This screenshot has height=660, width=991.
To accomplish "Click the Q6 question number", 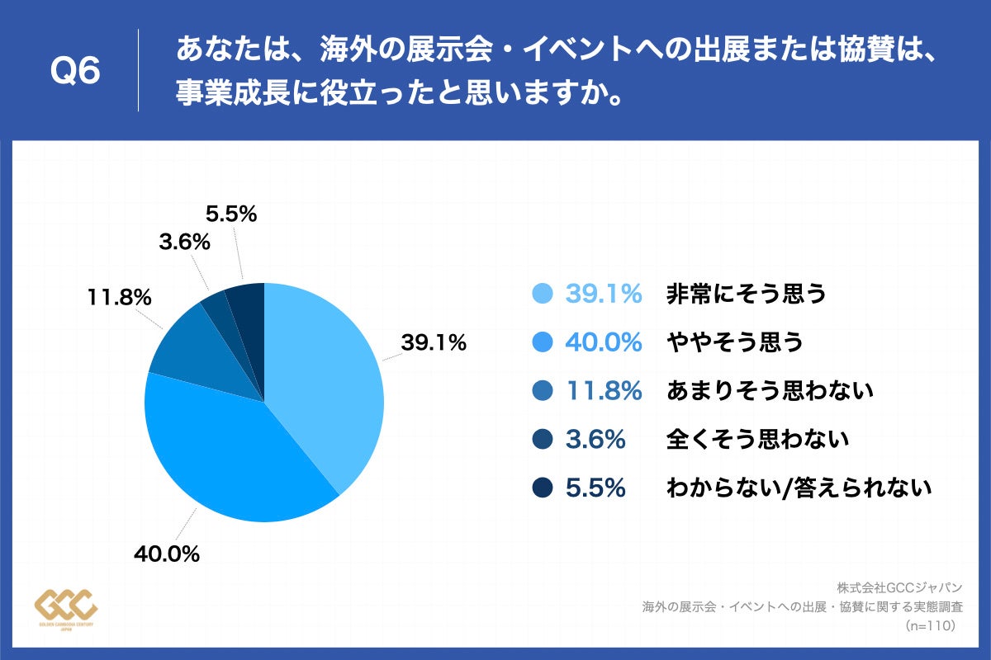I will click(75, 73).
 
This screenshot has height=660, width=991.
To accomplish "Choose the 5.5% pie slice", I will click(246, 303).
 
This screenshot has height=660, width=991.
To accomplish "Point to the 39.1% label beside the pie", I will click(434, 342).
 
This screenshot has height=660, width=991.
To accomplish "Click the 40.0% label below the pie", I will click(167, 554).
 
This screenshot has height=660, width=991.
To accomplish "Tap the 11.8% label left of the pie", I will click(119, 297).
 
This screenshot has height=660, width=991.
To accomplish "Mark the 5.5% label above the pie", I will click(231, 214).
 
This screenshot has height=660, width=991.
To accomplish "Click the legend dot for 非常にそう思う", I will click(543, 294).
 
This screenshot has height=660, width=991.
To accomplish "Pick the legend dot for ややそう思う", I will click(543, 342).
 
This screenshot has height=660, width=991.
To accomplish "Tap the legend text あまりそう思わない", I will click(770, 391).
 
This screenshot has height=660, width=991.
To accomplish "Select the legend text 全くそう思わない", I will click(757, 440).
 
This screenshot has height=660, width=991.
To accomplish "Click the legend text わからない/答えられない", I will click(799, 488).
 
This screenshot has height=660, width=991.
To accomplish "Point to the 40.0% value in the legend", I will click(604, 342).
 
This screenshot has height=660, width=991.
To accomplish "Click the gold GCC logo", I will click(67, 609).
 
